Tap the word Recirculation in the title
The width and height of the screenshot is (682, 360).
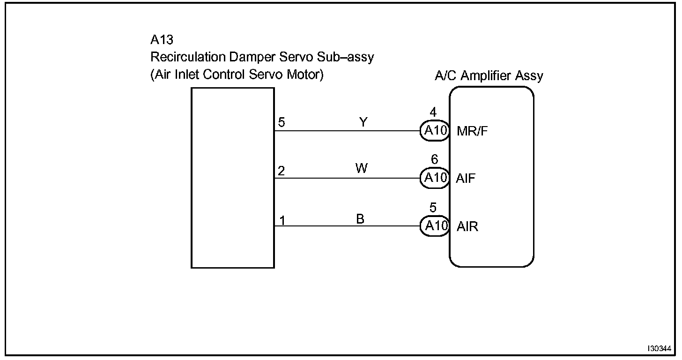[188, 58]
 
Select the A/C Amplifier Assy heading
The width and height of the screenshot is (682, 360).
[489, 76]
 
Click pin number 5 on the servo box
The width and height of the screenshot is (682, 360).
[281, 123]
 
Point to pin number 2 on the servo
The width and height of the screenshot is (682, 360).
[281, 171]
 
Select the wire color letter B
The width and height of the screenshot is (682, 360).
[360, 219]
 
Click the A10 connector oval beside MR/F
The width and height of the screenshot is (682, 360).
[435, 131]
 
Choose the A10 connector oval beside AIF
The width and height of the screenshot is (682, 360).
[435, 179]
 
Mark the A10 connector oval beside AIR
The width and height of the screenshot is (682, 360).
[435, 226]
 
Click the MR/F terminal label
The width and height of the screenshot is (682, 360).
[472, 132]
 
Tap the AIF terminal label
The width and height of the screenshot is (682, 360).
[466, 179]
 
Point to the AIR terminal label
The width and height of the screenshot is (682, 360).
[467, 227]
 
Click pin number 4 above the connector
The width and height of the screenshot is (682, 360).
[433, 113]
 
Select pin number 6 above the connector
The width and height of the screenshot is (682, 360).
[434, 160]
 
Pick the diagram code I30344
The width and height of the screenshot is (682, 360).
[660, 349]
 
